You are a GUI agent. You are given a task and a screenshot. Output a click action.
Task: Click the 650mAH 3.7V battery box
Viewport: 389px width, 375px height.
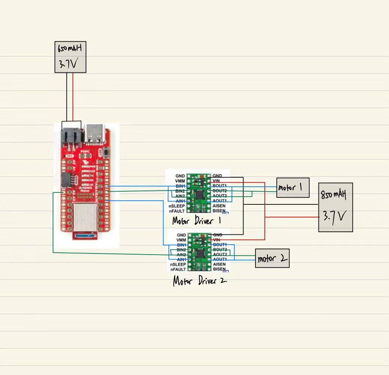[71, 57]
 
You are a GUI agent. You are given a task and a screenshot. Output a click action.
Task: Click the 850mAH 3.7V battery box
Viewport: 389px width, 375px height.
[335, 207]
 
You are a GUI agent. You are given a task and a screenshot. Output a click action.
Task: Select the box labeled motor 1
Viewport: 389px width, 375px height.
[293, 187]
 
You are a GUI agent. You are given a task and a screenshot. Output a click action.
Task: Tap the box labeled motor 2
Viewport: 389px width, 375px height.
[272, 258]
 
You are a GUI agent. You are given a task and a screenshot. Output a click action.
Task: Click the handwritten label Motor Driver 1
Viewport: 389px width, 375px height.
[196, 220]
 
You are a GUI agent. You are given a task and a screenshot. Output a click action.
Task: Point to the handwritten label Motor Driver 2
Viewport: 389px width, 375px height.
[200, 280]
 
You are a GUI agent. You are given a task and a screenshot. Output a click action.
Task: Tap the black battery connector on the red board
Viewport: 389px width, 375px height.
[71, 136]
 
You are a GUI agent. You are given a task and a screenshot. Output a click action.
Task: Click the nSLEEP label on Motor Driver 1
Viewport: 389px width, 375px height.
[177, 206]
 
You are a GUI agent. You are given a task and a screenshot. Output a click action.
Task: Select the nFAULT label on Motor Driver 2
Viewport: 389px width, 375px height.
[177, 269]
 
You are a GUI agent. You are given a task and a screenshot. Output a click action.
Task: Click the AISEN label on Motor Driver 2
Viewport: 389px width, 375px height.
[220, 264]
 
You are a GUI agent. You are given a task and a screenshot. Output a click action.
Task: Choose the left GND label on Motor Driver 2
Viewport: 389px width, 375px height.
[180, 235]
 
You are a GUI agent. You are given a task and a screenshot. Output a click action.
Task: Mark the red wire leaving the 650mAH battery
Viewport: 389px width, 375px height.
[73, 96]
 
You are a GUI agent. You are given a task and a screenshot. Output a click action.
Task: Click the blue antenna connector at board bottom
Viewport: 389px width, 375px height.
[85, 235]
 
